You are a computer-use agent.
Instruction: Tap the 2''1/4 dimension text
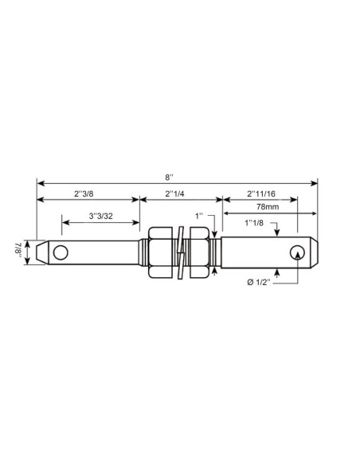tap(179, 192)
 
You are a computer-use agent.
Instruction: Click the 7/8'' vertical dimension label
tap(18, 251)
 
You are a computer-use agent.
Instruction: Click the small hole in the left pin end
tap(61, 252)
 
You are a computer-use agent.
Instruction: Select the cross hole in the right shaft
tap(297, 252)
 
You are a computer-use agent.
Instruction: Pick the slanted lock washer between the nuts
tap(182, 252)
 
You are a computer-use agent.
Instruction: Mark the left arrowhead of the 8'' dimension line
tap(41, 181)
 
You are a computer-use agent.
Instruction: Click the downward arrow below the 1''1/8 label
tap(276, 232)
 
